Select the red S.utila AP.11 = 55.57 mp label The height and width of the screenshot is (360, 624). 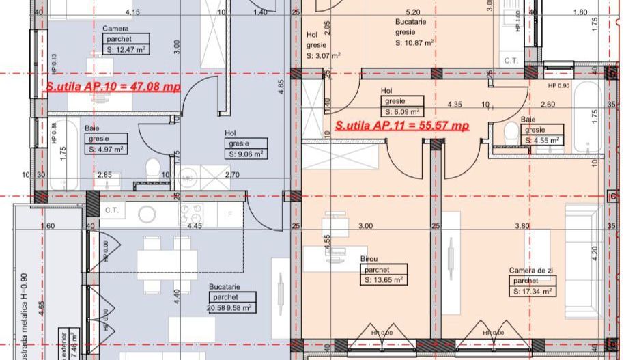401,126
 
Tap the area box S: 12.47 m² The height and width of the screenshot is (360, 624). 126,49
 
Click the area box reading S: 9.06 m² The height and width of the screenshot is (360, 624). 246,154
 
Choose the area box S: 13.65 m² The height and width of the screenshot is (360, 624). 383,279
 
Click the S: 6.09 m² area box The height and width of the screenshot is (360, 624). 401,111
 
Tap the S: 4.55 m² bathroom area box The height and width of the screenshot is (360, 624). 543,140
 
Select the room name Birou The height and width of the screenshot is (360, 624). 368,259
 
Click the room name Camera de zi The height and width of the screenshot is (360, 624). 528,271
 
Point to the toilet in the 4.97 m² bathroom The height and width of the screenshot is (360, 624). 154,166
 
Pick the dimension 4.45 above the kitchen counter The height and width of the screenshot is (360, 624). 195,225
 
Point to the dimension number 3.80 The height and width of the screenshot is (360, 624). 522,225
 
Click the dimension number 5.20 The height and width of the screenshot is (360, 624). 412,12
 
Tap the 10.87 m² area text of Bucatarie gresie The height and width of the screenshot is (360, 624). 414,42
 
